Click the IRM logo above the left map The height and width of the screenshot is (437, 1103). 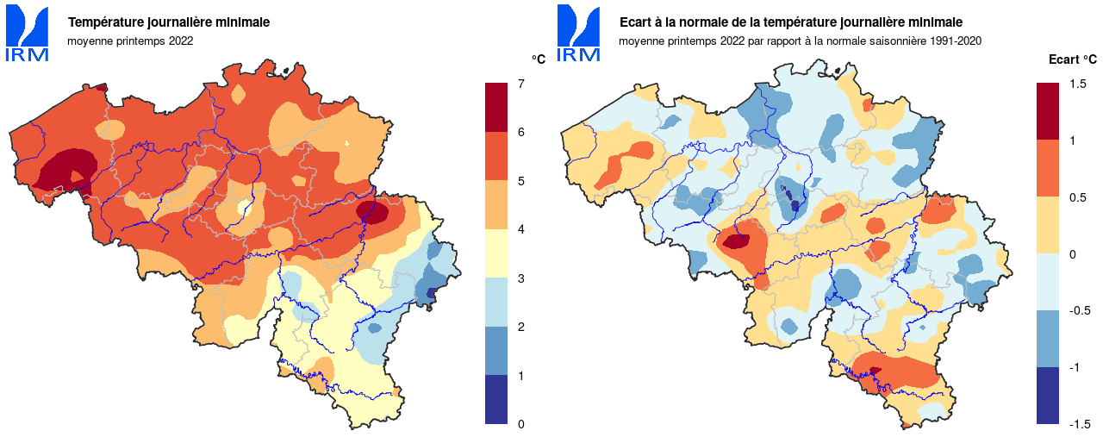[x=28, y=34]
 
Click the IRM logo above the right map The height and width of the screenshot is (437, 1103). [x=579, y=34]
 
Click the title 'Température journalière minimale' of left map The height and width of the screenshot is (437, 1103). [x=169, y=22]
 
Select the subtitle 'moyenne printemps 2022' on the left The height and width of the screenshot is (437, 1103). [x=130, y=40]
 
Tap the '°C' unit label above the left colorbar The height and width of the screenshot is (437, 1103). [x=539, y=59]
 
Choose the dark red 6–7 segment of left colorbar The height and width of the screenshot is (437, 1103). [x=496, y=107]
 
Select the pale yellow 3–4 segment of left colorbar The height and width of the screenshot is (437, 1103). [x=496, y=253]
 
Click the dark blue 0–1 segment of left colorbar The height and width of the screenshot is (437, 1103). [x=496, y=399]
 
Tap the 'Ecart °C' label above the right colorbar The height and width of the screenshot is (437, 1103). [x=1072, y=59]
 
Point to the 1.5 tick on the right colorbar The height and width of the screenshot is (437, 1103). [x=1076, y=84]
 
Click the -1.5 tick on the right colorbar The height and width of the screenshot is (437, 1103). [x=1079, y=424]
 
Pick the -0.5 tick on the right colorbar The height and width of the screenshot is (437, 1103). [x=1079, y=310]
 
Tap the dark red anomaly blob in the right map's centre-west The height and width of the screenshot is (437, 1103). [x=735, y=241]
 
